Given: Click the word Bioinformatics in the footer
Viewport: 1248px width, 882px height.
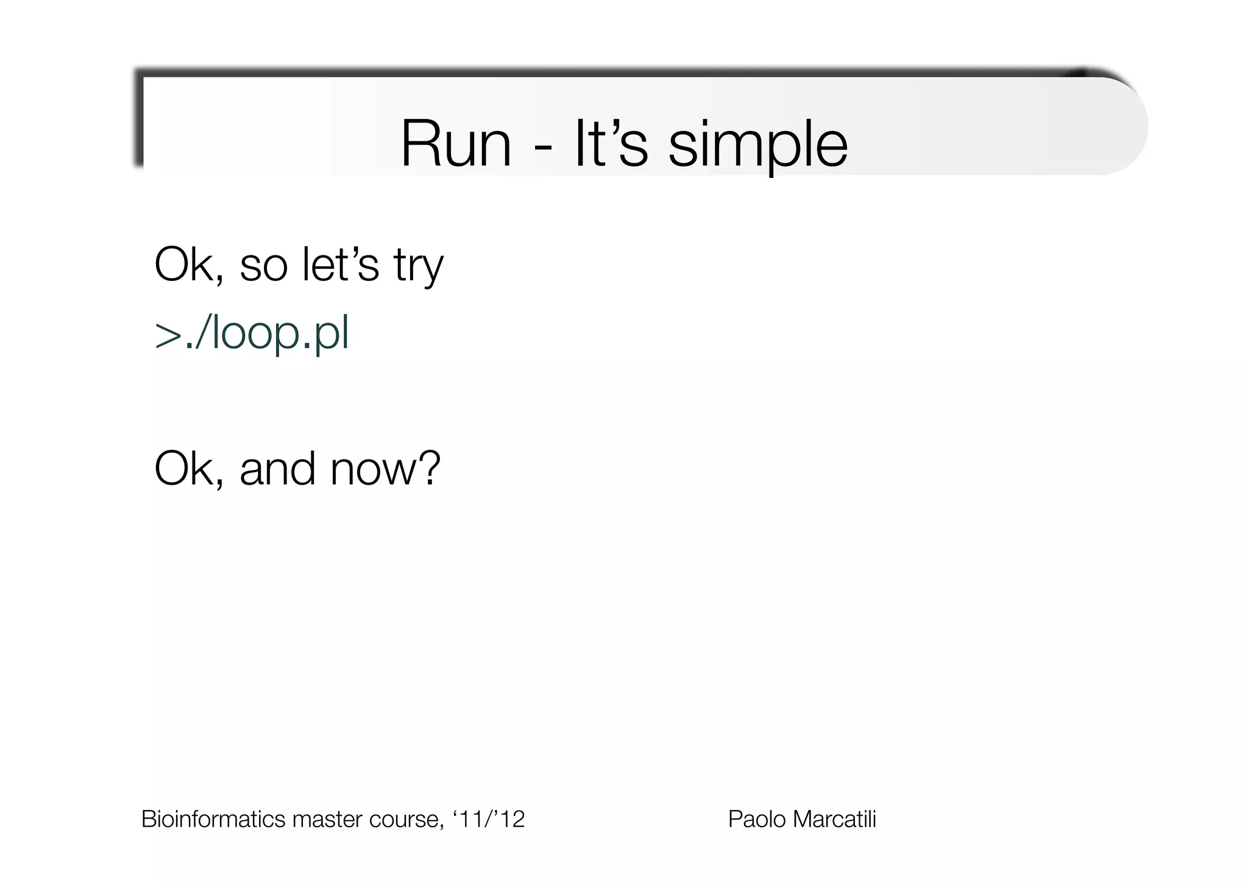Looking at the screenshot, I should pos(213,819).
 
